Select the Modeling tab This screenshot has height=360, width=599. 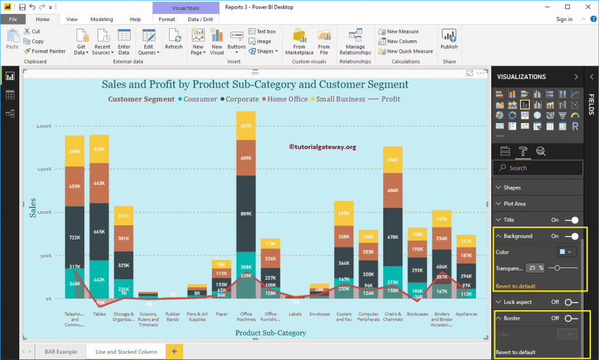click(102, 19)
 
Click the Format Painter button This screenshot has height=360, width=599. click(45, 51)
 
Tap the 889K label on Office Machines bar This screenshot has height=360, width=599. click(246, 214)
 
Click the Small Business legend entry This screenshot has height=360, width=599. click(340, 99)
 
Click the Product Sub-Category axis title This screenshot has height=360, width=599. click(270, 332)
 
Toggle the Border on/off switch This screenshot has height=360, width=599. click(571, 318)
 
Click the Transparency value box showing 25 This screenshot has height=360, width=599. click(532, 268)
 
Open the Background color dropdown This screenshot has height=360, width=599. click(567, 252)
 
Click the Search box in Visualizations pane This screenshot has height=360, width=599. click(538, 168)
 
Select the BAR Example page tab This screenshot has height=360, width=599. click(60, 351)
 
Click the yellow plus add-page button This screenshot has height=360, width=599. click(174, 351)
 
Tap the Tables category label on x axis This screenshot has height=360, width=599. click(99, 314)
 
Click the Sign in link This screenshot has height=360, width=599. click(564, 19)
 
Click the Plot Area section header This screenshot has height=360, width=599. click(514, 204)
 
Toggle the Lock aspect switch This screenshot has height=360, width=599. click(571, 302)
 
